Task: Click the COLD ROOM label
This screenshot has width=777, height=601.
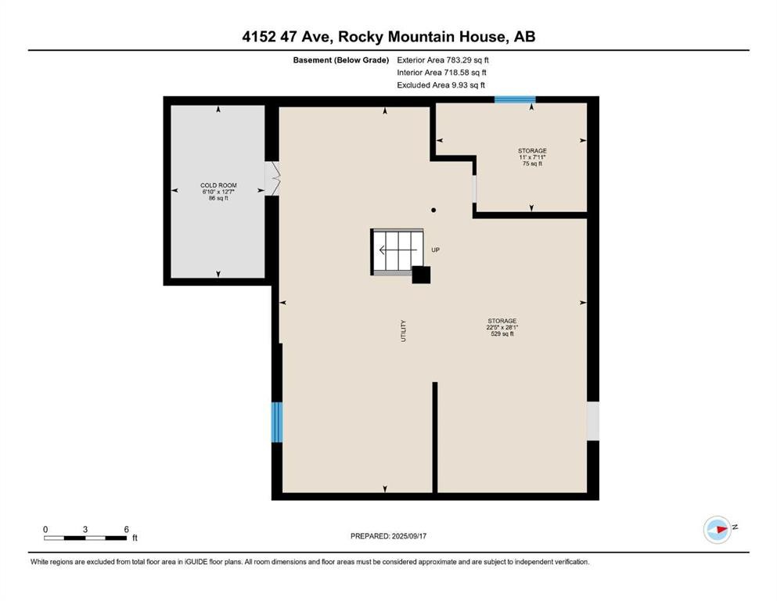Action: point(218,185)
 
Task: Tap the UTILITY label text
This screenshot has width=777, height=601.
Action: point(403,330)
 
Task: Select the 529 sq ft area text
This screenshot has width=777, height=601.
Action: point(502,334)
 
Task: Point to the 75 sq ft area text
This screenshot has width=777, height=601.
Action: point(532,164)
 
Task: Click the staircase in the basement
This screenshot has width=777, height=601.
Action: point(397,252)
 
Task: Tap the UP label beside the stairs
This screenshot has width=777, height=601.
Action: point(436,250)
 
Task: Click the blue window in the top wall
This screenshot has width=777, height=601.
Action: point(515,99)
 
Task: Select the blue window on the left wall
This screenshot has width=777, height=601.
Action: point(277,422)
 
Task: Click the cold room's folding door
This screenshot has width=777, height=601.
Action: point(272,178)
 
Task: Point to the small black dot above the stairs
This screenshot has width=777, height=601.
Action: point(433,210)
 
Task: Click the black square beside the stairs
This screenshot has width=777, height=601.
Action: point(421,275)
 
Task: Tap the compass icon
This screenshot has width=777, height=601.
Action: point(718,530)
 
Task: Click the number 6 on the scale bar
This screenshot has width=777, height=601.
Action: point(126,529)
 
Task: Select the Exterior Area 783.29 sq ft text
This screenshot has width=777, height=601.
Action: point(443,60)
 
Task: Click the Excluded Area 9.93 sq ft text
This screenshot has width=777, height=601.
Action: point(441,85)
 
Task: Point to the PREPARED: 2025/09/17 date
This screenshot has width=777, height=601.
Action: point(388,536)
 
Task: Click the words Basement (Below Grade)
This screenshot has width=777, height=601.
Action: point(341,60)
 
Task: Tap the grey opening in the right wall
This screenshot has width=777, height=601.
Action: point(593,421)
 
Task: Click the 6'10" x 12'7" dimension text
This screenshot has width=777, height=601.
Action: point(218,192)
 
